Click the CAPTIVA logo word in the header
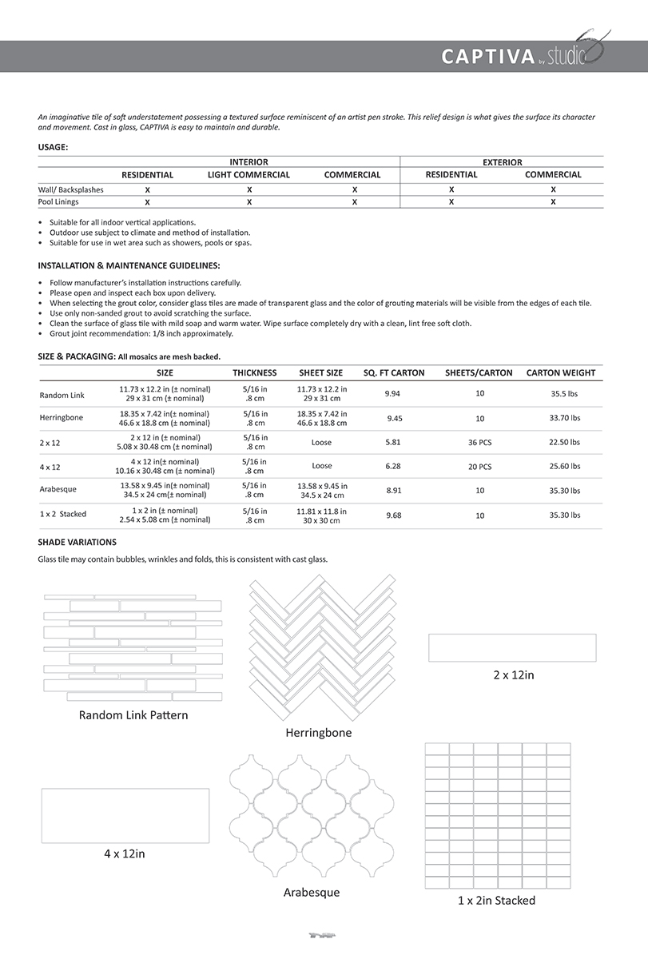pyautogui.click(x=487, y=57)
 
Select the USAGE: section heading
pyautogui.click(x=54, y=147)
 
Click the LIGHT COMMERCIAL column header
pyautogui.click(x=248, y=175)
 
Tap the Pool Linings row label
pyautogui.click(x=58, y=202)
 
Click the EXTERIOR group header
pyautogui.click(x=503, y=162)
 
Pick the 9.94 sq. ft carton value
pyautogui.click(x=392, y=394)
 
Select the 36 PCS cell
pyautogui.click(x=479, y=442)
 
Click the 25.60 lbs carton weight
pyautogui.click(x=565, y=466)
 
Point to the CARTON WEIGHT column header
pyautogui.click(x=561, y=372)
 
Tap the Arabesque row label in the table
pyautogui.click(x=58, y=490)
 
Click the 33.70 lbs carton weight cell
pyautogui.click(x=565, y=418)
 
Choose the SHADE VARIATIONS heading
pyautogui.click(x=78, y=542)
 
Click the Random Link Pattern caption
pyautogui.click(x=133, y=715)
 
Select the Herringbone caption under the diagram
pyautogui.click(x=319, y=733)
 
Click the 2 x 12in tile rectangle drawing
pyautogui.click(x=512, y=647)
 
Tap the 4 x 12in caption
pyautogui.click(x=125, y=854)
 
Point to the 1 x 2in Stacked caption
pyautogui.click(x=496, y=901)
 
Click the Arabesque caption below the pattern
pyautogui.click(x=312, y=893)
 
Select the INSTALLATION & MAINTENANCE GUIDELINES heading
pyautogui.click(x=129, y=265)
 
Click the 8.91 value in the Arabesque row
pyautogui.click(x=394, y=490)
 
